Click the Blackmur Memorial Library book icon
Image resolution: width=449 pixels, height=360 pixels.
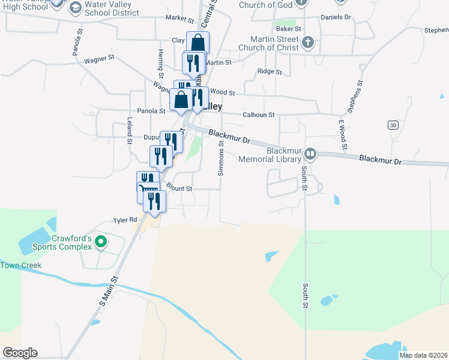point(310,154)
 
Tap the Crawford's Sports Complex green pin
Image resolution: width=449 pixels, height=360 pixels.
point(101,242)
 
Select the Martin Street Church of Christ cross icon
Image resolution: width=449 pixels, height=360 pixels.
point(307,43)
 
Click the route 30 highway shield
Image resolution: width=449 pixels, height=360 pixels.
point(393,125)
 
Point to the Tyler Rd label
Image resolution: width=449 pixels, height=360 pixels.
point(125,221)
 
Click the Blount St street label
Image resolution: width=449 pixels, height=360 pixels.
point(179,188)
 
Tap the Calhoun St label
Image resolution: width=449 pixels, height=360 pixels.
point(258,115)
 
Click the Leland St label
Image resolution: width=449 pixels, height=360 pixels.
point(129,131)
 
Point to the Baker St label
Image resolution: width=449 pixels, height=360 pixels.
point(288,29)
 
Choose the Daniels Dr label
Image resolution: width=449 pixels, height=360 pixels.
point(336,17)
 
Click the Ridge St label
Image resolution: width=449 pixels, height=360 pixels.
point(270,72)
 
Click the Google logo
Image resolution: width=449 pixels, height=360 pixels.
point(20,353)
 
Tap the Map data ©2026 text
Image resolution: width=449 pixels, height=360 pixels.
point(423,355)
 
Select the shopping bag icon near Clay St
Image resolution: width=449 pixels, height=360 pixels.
point(198,43)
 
